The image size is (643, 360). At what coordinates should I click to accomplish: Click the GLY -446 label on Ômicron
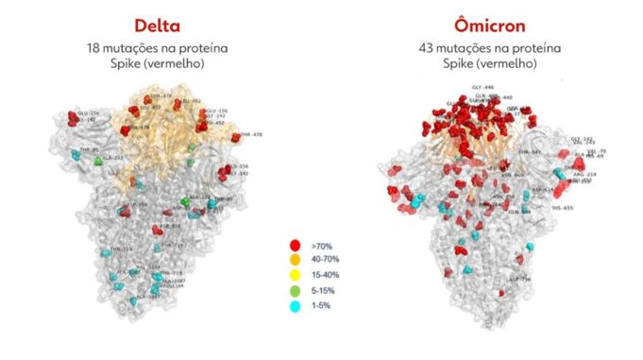(x=482, y=88)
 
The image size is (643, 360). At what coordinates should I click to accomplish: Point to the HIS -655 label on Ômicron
(x=564, y=207)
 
